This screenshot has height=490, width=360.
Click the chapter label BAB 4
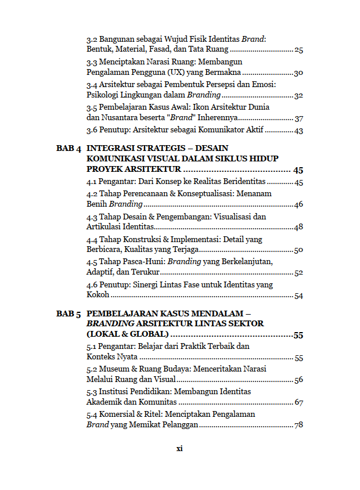click(x=69, y=148)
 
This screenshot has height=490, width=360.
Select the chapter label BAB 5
click(x=69, y=314)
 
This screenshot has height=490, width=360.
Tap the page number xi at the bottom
click(x=179, y=448)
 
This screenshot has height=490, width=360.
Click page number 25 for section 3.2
click(x=298, y=50)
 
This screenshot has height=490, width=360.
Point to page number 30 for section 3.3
click(x=298, y=73)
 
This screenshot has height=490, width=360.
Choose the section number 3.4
click(x=92, y=84)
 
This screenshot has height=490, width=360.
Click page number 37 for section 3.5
click(x=298, y=118)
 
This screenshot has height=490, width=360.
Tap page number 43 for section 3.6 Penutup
click(x=298, y=131)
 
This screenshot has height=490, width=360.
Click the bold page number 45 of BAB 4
click(x=298, y=171)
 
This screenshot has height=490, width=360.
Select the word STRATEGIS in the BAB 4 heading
click(x=164, y=148)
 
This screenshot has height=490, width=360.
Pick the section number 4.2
click(x=92, y=193)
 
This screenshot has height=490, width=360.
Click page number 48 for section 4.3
click(x=298, y=227)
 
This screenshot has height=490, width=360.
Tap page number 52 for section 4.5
click(x=298, y=273)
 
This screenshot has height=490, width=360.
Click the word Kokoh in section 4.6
click(x=98, y=296)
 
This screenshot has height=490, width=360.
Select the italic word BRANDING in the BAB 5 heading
click(x=108, y=323)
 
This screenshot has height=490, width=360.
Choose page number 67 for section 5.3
click(x=298, y=402)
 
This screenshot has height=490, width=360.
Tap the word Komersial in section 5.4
click(x=117, y=414)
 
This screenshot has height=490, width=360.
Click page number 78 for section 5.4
click(x=298, y=425)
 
